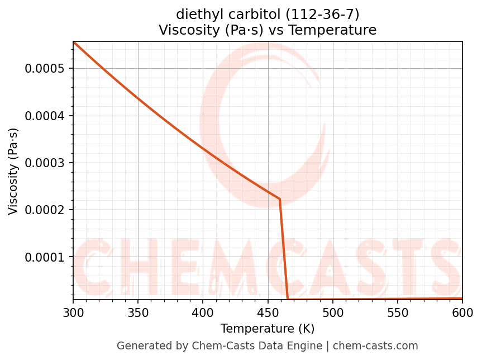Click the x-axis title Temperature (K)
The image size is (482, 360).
(x=268, y=329)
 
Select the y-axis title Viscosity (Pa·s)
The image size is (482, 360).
(x=13, y=171)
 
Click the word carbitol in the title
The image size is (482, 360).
(x=249, y=14)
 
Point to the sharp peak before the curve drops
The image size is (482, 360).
(x=279, y=199)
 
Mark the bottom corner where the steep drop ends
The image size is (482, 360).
(x=288, y=299)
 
